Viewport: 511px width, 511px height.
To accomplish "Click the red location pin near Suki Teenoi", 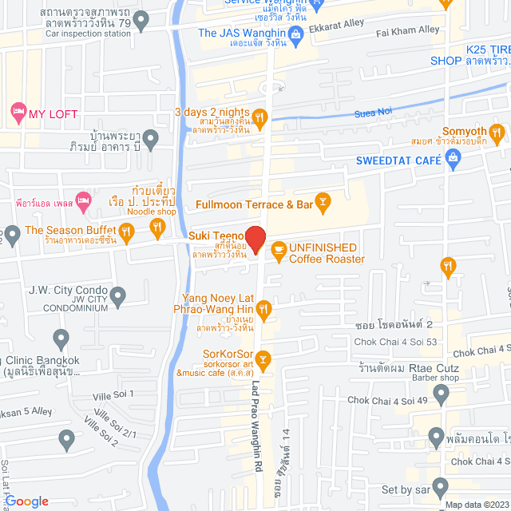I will point(255,239).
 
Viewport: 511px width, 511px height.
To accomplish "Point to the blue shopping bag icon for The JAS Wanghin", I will point(295,33).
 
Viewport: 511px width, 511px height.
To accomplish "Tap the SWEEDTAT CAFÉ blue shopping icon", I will point(454,160).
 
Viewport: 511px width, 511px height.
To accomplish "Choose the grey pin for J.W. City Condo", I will point(119,299).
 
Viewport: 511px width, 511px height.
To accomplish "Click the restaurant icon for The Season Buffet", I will point(158,229).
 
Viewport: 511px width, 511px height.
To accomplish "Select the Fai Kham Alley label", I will point(407,30).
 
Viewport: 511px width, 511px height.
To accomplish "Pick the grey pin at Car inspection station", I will point(141,22).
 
